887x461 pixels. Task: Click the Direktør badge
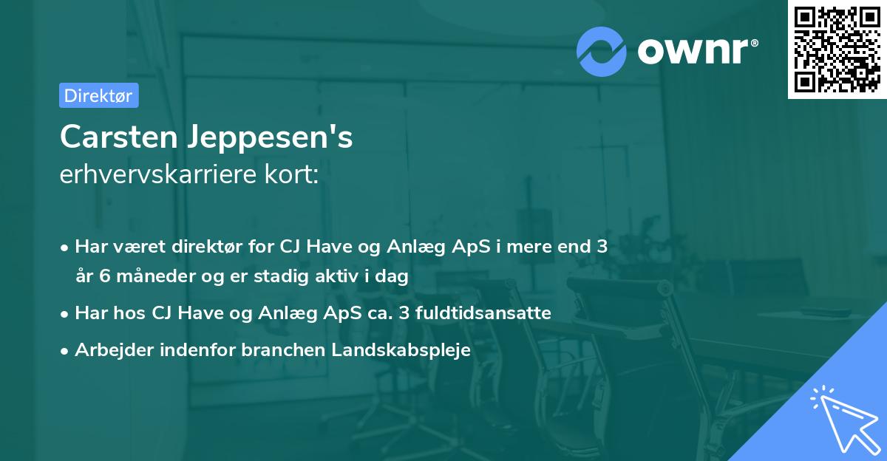[x=98, y=95]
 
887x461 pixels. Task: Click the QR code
[x=837, y=49]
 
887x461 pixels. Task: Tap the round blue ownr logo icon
[x=602, y=51]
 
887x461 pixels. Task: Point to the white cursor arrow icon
[x=842, y=418]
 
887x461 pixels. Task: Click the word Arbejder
[x=109, y=349]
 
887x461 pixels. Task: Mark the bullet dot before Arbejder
[x=66, y=351]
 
